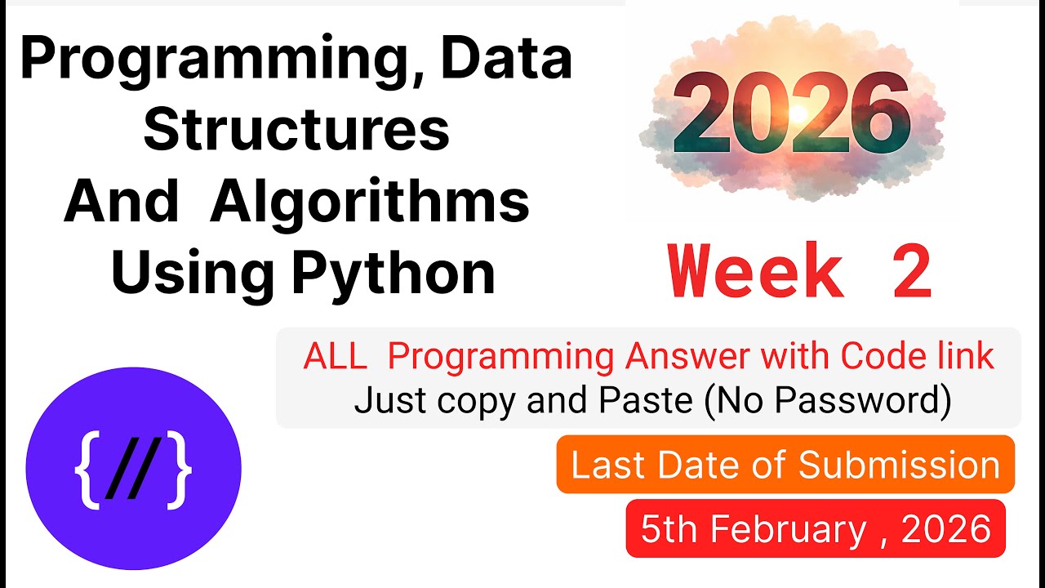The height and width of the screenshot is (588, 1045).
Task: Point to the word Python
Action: (x=394, y=274)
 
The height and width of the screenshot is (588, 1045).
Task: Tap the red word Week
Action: (x=755, y=273)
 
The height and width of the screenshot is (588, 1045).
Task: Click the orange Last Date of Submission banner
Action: (x=785, y=465)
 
